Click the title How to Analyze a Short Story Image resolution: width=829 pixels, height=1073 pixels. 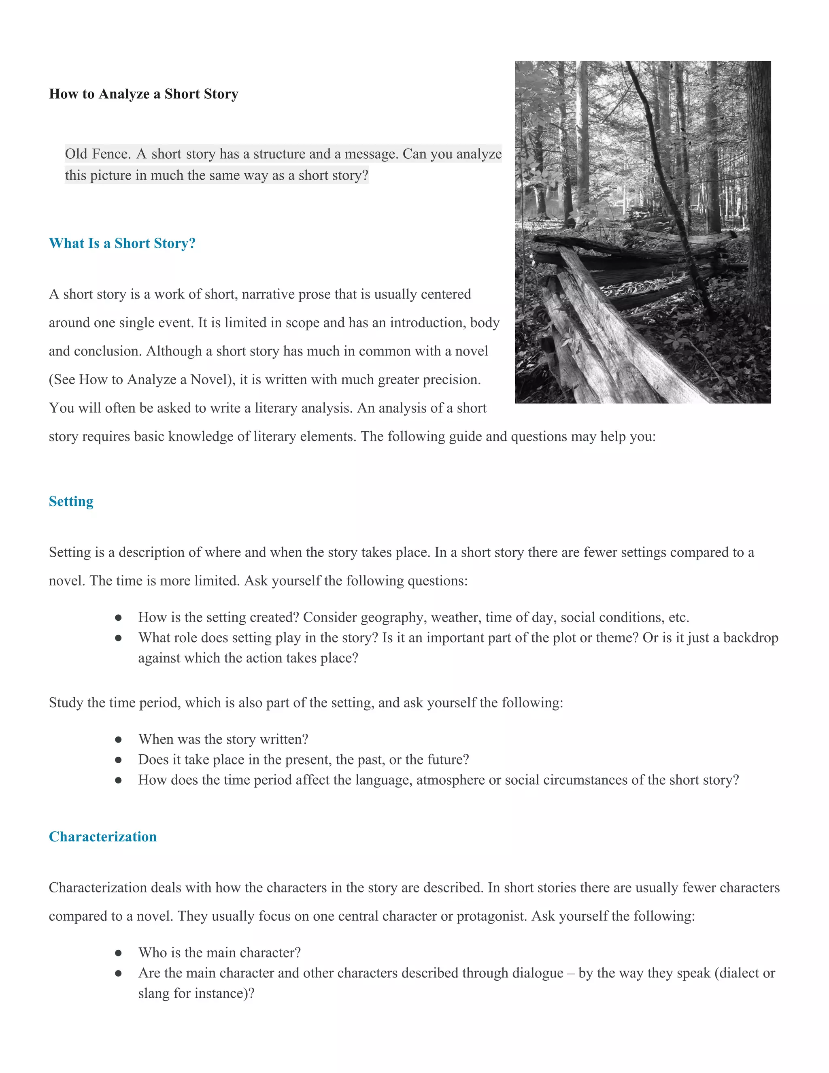pos(143,94)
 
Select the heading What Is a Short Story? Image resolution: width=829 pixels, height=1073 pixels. pos(122,243)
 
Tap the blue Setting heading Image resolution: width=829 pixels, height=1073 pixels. pos(71,501)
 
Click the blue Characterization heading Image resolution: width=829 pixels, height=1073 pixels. pos(103,837)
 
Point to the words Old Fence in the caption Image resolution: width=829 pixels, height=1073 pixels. pos(97,154)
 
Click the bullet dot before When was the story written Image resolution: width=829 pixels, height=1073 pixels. pos(118,739)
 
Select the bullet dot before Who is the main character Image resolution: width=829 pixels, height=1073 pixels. pos(118,953)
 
